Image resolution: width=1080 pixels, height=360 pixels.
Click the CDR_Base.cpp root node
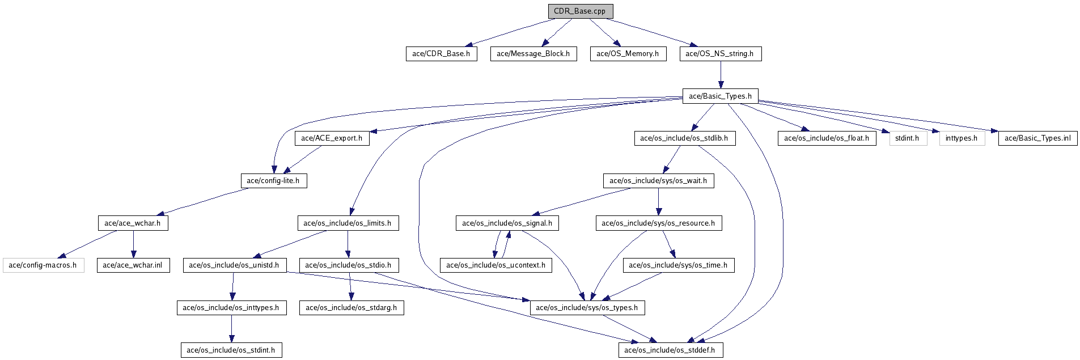tap(581, 11)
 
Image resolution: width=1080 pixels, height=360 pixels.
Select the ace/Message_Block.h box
tap(533, 54)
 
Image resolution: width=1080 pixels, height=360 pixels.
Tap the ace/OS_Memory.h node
tap(628, 54)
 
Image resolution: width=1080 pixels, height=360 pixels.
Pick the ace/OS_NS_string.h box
tap(720, 54)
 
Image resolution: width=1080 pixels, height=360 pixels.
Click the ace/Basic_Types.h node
tap(720, 96)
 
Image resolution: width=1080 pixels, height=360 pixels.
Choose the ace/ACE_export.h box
tap(332, 138)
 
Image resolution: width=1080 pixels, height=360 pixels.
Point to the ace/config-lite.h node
tap(273, 181)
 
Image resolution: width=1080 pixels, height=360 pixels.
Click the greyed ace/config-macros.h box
tap(44, 265)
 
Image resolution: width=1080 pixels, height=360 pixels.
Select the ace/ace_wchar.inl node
tap(133, 265)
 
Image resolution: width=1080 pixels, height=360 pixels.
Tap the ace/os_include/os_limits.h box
tap(348, 223)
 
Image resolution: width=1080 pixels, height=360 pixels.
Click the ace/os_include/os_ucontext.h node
tap(496, 265)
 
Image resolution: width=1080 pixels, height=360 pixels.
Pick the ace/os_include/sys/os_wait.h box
tap(658, 181)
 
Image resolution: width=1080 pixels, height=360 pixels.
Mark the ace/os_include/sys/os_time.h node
tap(679, 265)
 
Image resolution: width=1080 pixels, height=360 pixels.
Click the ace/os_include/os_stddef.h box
tap(670, 350)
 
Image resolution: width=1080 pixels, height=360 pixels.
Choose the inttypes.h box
tap(962, 138)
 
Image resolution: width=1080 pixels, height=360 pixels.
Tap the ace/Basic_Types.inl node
tap(1037, 138)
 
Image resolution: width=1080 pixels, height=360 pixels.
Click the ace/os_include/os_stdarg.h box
tap(351, 308)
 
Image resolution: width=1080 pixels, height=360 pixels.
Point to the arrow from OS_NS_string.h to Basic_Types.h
tap(720, 75)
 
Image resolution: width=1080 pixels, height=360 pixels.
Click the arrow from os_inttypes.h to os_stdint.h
tap(231, 329)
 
